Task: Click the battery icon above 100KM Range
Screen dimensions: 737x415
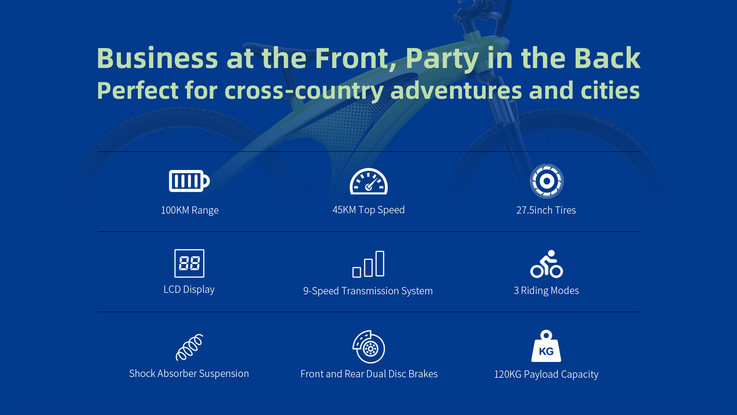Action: [x=189, y=181]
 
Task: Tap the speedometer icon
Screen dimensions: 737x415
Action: [x=368, y=181]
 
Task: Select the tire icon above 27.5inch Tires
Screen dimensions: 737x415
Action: [x=547, y=181]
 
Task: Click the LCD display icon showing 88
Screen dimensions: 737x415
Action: [x=189, y=263]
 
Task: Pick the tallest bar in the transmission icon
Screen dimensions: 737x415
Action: [x=380, y=264]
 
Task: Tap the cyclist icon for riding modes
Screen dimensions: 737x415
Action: [x=547, y=264]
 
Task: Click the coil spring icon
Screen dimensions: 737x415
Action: [x=189, y=347]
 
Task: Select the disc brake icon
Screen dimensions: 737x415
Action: [x=368, y=347]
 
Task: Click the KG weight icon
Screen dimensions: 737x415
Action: [x=546, y=346]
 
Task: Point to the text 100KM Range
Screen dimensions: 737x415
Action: [x=190, y=210]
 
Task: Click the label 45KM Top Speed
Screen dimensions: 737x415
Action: [x=368, y=210]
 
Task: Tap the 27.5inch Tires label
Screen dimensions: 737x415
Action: [x=546, y=210]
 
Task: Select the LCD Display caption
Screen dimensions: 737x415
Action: [x=189, y=289]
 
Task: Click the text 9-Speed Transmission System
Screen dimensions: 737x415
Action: [x=368, y=291]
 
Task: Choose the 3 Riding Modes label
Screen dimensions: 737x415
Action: [x=546, y=290]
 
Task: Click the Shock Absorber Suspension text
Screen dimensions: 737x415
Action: [x=189, y=373]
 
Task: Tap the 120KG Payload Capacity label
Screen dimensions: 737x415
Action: [x=546, y=374]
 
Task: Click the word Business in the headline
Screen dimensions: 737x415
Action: [x=157, y=58]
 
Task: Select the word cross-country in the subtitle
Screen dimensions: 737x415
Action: [x=304, y=91]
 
